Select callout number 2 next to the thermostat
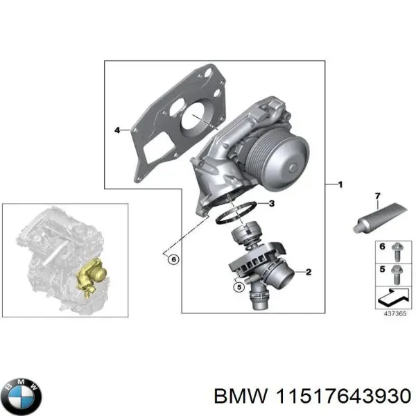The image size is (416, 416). point(309,272)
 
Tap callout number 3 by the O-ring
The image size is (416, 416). point(271,203)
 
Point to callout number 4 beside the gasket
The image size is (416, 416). point(117,130)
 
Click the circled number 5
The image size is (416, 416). point(238,286)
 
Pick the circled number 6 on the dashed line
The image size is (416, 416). point(173,259)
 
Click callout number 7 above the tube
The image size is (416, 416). point(378,197)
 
